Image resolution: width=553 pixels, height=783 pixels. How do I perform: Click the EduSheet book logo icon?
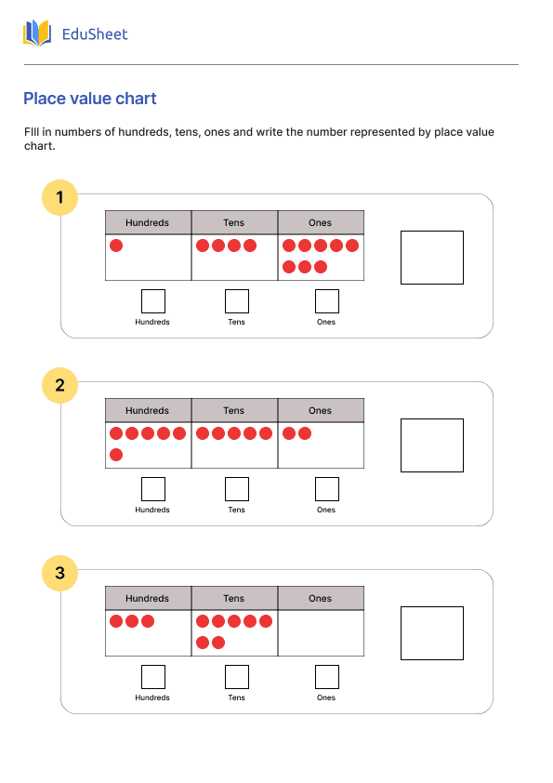pos(37,34)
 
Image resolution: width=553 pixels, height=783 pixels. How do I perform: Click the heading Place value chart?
pos(90,99)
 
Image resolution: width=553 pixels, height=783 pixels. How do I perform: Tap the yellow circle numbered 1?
pos(60,197)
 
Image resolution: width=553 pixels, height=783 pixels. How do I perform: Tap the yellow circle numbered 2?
pos(60,385)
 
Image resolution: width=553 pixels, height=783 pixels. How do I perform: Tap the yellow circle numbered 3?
pos(60,573)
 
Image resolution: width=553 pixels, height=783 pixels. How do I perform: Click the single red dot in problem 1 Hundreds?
pos(116,246)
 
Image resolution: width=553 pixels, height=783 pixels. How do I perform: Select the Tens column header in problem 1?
pos(234,222)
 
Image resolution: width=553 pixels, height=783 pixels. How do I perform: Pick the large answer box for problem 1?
pos(431,258)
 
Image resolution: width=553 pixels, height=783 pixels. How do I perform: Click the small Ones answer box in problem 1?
pos(326,301)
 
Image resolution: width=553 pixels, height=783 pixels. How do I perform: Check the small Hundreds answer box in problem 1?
pos(152,301)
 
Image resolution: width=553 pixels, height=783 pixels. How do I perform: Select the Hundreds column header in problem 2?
pos(148,410)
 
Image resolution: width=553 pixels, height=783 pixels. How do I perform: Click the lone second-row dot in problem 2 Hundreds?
pos(116,455)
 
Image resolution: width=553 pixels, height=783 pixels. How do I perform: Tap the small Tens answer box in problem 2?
pos(237,489)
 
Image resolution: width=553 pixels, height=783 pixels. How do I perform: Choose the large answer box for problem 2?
pos(431,445)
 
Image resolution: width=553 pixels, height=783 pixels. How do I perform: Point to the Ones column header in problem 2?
pos(321,410)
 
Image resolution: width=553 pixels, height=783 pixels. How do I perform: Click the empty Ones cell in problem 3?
pos(321,633)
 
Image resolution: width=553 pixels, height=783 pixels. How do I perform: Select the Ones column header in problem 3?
pos(321,598)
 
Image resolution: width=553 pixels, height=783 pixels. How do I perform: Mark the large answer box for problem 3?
pos(431,633)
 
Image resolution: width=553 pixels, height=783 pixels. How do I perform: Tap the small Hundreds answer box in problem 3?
pos(152,677)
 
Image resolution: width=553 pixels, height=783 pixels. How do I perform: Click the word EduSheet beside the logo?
pos(94,34)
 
